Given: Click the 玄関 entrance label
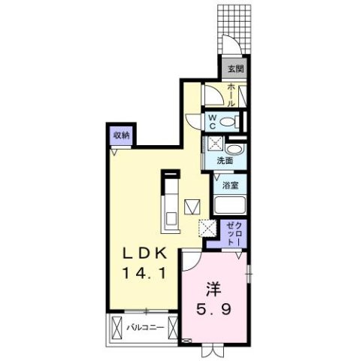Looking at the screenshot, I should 235,68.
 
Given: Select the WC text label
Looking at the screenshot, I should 213,121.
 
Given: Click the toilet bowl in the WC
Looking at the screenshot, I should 232,122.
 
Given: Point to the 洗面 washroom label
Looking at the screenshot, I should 225,161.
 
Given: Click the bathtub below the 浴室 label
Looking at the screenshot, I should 231,205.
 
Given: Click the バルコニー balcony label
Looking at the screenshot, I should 142,327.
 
